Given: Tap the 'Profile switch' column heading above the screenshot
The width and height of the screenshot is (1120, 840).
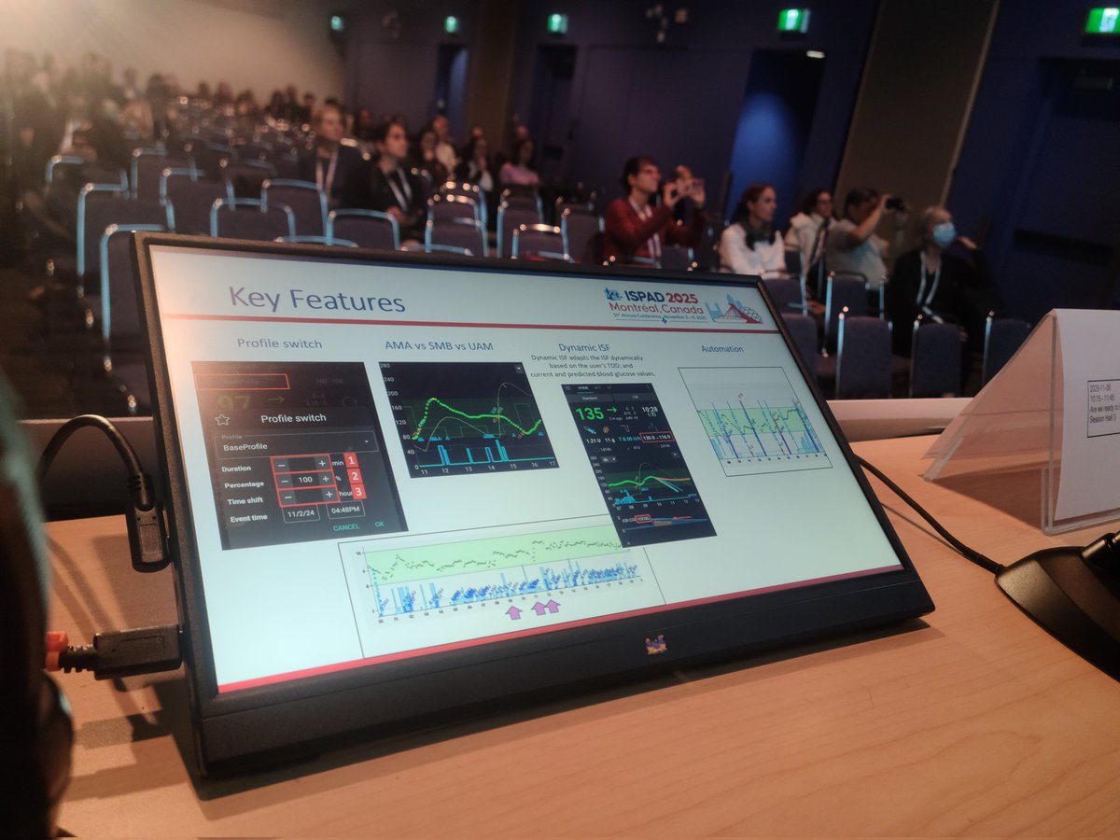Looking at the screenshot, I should click(x=279, y=343).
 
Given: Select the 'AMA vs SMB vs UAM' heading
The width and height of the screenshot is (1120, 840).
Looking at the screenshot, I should click(x=439, y=345).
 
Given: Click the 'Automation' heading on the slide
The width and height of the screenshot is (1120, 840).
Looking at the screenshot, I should click(x=722, y=348).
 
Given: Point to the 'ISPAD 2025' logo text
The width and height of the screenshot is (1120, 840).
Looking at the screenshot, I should click(x=652, y=294).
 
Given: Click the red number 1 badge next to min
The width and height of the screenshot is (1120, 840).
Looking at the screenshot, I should click(x=351, y=460).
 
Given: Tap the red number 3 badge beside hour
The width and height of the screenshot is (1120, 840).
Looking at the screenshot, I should click(x=358, y=492).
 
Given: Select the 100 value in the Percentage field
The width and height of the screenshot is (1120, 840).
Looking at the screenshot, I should click(x=305, y=478).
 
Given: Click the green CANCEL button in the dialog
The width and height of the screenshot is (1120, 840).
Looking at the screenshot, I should click(x=346, y=526).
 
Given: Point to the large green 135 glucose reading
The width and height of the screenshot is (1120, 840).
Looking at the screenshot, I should click(x=589, y=413).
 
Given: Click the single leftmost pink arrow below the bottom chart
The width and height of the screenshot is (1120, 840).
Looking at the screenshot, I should click(x=512, y=611).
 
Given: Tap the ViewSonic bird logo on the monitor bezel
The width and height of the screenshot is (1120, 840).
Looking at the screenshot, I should click(x=656, y=644).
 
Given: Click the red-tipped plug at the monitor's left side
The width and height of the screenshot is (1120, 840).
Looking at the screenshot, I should click(x=58, y=651).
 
